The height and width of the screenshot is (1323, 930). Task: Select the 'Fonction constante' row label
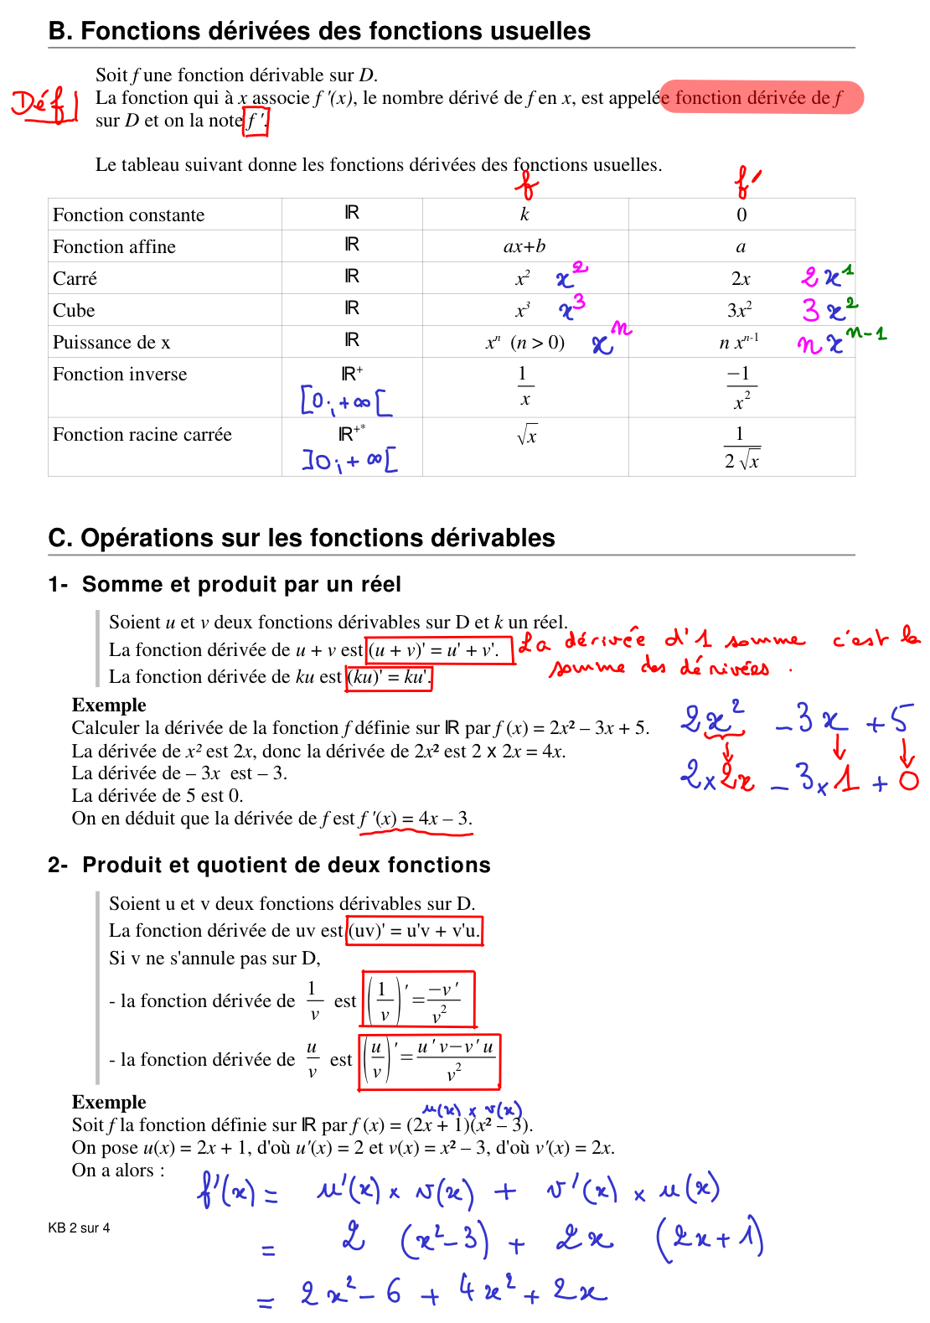[128, 215]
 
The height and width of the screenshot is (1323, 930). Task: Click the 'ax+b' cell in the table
[524, 246]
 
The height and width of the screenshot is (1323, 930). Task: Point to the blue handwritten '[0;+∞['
[346, 402]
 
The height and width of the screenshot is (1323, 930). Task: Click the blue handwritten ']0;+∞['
[349, 460]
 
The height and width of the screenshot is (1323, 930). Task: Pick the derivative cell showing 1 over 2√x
[741, 447]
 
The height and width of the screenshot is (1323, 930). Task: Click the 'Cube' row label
[74, 311]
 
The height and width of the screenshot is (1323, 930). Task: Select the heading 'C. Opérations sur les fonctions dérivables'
[302, 538]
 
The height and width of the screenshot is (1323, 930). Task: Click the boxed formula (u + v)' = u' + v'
[440, 650]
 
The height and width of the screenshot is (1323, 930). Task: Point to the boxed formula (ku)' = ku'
[389, 677]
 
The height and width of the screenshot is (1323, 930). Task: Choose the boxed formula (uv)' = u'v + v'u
[415, 931]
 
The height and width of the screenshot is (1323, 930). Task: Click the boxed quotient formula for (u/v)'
[429, 1061]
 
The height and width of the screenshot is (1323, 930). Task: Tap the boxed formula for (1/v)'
[418, 999]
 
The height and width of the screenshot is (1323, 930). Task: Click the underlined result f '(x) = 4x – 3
[416, 819]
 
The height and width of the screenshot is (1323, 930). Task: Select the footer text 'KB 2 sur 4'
[79, 1228]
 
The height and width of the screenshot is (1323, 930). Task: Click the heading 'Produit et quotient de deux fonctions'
[286, 865]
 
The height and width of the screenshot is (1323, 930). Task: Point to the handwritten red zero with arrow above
[908, 780]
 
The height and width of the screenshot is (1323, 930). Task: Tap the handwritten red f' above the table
[747, 182]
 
